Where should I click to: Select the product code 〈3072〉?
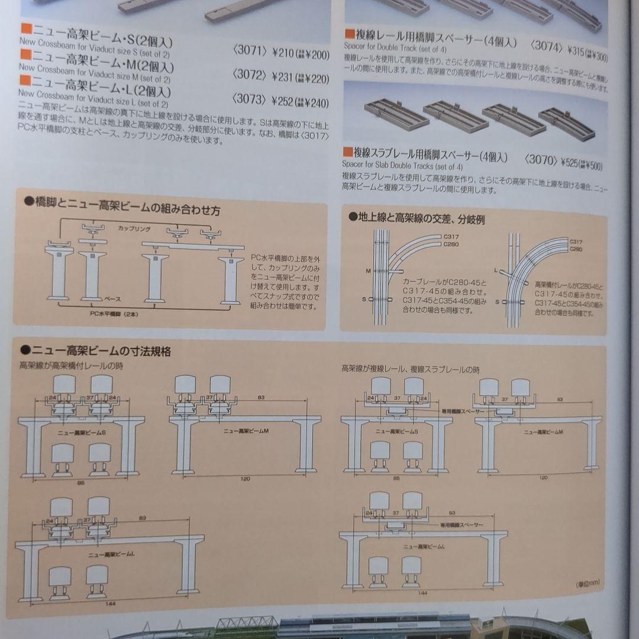[247, 77]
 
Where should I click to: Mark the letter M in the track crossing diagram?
[367, 270]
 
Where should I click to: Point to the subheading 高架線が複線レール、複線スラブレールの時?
[411, 370]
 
